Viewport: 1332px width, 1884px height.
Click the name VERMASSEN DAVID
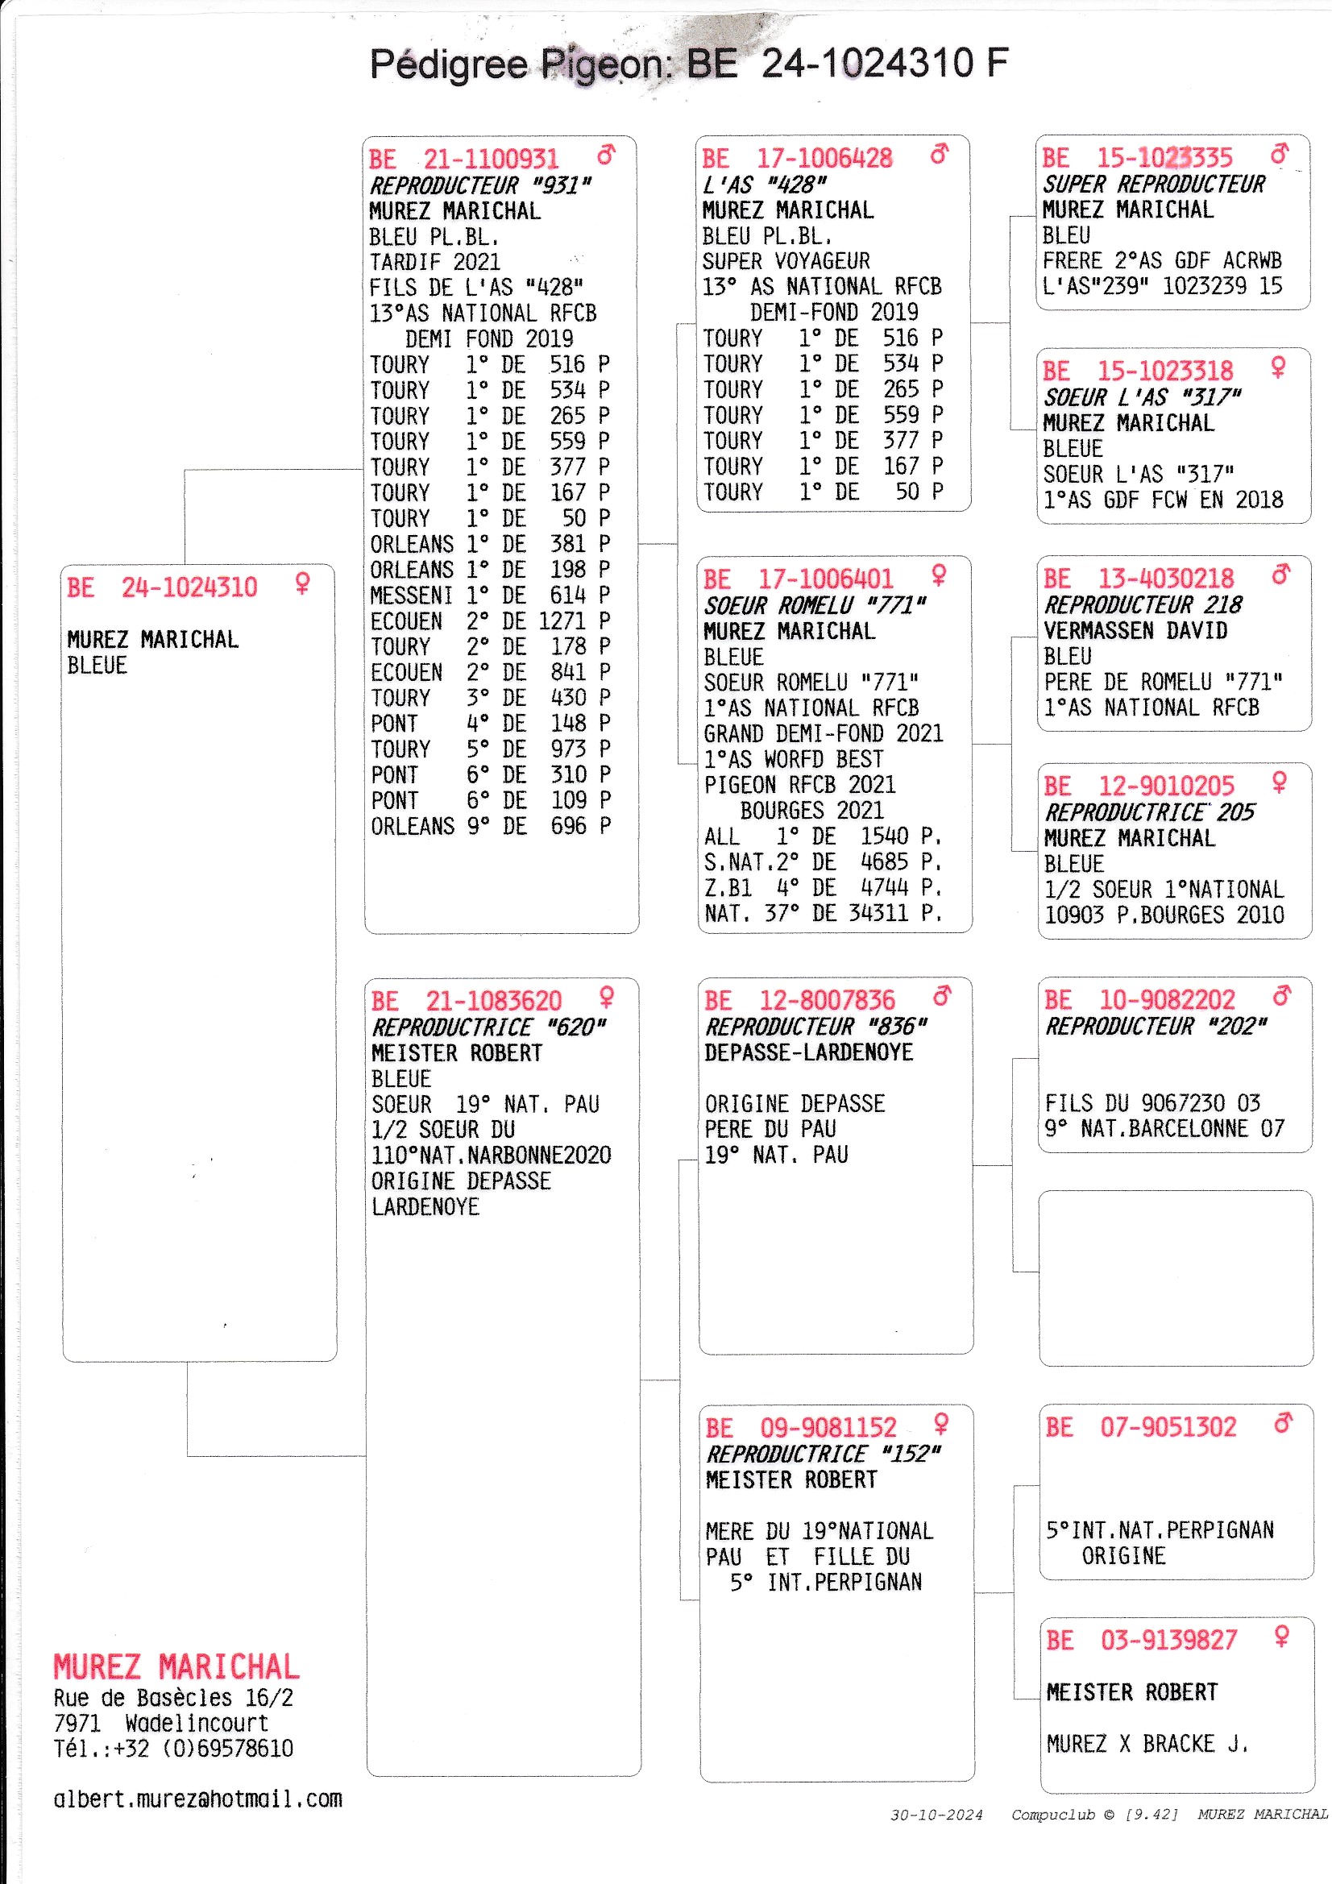click(x=1135, y=630)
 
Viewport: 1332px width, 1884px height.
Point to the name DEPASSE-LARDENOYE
click(x=808, y=1052)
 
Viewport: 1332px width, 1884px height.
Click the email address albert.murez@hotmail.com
click(x=197, y=1799)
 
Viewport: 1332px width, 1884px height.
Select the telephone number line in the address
click(x=173, y=1748)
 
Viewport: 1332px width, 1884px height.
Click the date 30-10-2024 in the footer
click(x=936, y=1814)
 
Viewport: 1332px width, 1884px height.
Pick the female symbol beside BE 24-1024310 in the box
click(x=303, y=583)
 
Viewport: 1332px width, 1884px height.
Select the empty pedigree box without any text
click(x=1175, y=1277)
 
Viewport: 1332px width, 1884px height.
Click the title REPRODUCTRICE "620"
click(x=488, y=1027)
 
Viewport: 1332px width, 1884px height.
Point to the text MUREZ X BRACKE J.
click(x=1147, y=1744)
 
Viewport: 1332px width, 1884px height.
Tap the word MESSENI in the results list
click(x=411, y=595)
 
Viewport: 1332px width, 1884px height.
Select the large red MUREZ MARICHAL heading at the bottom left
click(x=176, y=1666)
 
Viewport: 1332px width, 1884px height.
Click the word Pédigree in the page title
click(x=449, y=64)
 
